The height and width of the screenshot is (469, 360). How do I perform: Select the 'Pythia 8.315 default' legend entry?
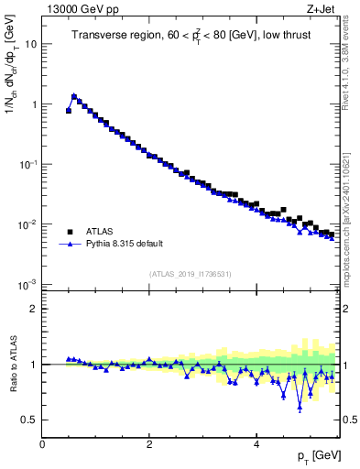(x=125, y=245)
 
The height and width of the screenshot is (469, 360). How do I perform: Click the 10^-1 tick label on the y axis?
(x=28, y=164)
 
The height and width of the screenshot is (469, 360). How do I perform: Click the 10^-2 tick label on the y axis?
(x=28, y=224)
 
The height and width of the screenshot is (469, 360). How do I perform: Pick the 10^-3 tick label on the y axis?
(x=28, y=285)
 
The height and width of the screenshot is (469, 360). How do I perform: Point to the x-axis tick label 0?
(x=42, y=444)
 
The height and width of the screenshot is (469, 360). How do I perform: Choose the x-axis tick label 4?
(x=256, y=444)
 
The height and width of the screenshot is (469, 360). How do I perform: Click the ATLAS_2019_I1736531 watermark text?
(x=191, y=274)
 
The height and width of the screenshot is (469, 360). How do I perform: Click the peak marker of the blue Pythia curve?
(x=74, y=95)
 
